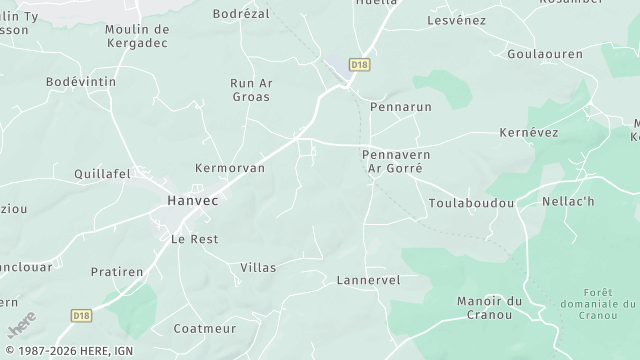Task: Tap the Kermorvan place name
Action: (x=230, y=168)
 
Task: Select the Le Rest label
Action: (x=194, y=239)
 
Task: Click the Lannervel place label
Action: (x=368, y=281)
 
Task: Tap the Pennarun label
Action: (x=399, y=106)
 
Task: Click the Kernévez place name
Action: (x=530, y=133)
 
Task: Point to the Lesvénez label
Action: (x=456, y=20)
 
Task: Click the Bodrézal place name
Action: (x=244, y=15)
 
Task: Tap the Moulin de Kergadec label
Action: (x=137, y=37)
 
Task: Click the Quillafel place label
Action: (x=103, y=173)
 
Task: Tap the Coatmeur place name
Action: (x=205, y=329)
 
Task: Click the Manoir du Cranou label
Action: (x=489, y=308)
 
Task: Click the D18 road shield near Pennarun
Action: (x=360, y=64)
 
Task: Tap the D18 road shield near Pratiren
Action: (x=83, y=315)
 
